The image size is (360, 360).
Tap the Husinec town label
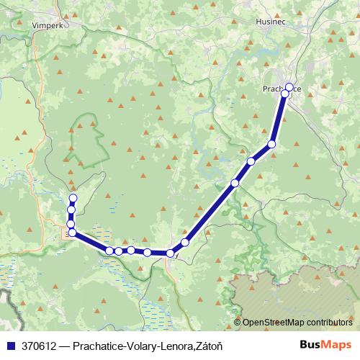271,22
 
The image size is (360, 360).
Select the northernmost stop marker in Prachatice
289,87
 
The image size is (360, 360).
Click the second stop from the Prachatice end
285,94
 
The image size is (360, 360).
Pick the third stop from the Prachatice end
272,144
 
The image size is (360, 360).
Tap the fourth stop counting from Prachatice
251,161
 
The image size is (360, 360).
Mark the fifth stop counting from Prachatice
235,183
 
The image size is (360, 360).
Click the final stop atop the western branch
73,198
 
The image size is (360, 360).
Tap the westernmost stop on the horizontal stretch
109,251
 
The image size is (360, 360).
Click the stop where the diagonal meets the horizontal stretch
171,253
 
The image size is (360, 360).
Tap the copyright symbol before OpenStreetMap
238,323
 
